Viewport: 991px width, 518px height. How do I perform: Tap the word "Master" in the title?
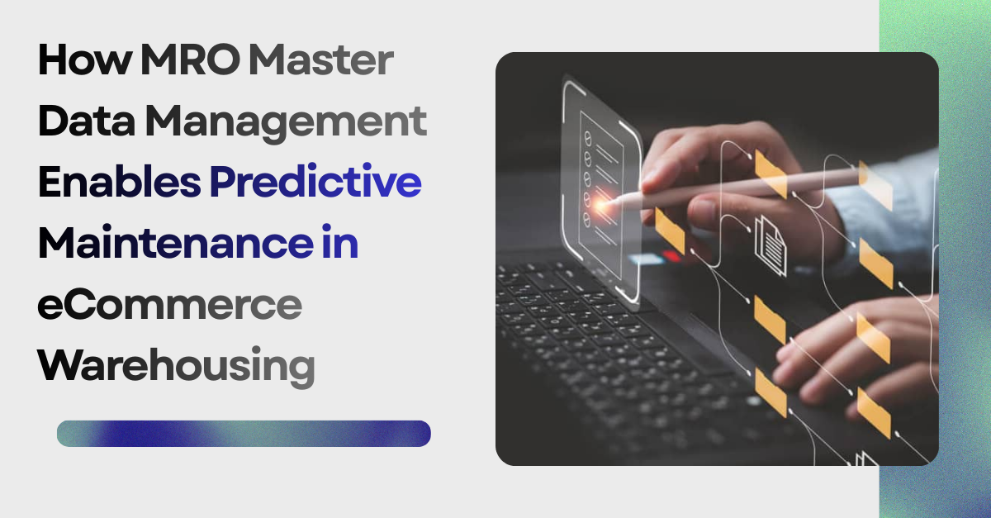(323, 64)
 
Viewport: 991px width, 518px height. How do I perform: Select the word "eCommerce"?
(170, 304)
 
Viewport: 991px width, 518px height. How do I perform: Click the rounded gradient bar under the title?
(244, 434)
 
